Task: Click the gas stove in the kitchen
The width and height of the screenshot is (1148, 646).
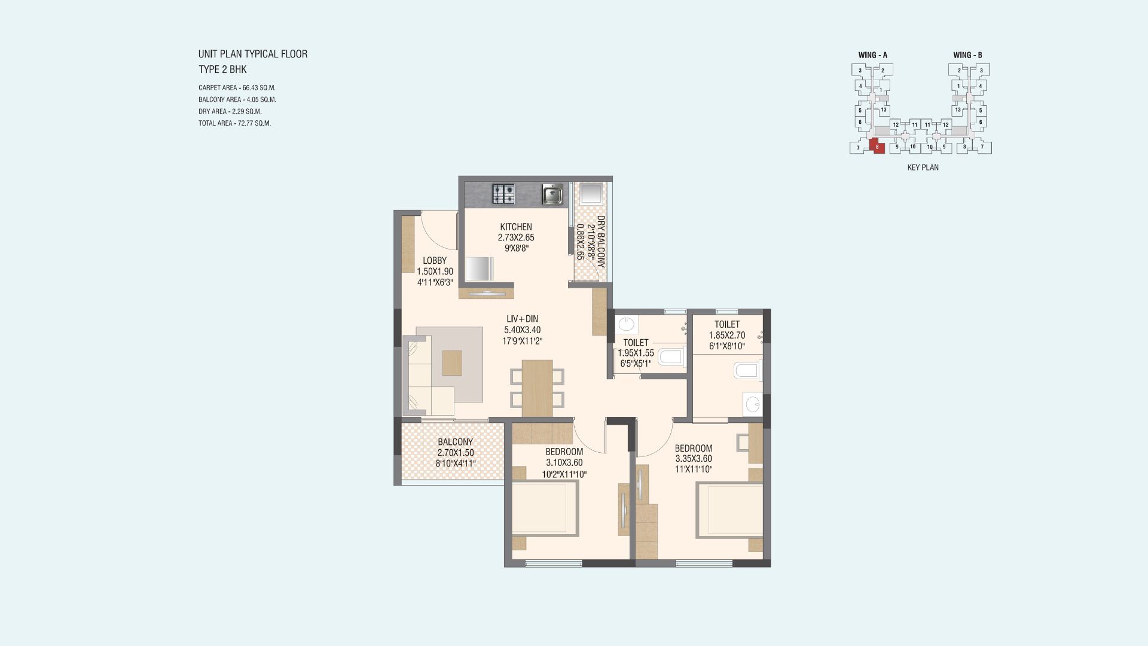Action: pyautogui.click(x=503, y=194)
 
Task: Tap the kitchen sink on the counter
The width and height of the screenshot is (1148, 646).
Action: pyautogui.click(x=553, y=194)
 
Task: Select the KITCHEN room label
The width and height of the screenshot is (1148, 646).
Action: pyautogui.click(x=516, y=227)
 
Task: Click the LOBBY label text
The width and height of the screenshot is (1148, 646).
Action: pyautogui.click(x=435, y=261)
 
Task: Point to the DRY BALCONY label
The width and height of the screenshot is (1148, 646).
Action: pyautogui.click(x=601, y=240)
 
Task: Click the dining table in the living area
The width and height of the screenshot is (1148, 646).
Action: pyautogui.click(x=537, y=388)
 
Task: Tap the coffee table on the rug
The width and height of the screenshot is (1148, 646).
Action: pyautogui.click(x=453, y=362)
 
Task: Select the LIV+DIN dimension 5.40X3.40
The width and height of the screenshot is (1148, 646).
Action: pyautogui.click(x=522, y=330)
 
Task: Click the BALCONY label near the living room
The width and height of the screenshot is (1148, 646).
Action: pyautogui.click(x=455, y=443)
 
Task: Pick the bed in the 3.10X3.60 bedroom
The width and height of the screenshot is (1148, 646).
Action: pyautogui.click(x=545, y=508)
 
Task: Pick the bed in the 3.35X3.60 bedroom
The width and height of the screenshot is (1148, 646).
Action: pyautogui.click(x=729, y=509)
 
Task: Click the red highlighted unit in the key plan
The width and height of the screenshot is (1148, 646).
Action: pyautogui.click(x=877, y=147)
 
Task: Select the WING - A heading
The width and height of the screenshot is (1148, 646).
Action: pyautogui.click(x=873, y=55)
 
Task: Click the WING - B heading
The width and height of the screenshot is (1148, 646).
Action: pyautogui.click(x=968, y=55)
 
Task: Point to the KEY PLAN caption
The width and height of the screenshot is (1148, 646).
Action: pyautogui.click(x=923, y=168)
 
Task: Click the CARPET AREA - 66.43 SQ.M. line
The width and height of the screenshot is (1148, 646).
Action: pyautogui.click(x=237, y=88)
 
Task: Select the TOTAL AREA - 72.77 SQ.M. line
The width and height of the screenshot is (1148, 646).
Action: pyautogui.click(x=234, y=124)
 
